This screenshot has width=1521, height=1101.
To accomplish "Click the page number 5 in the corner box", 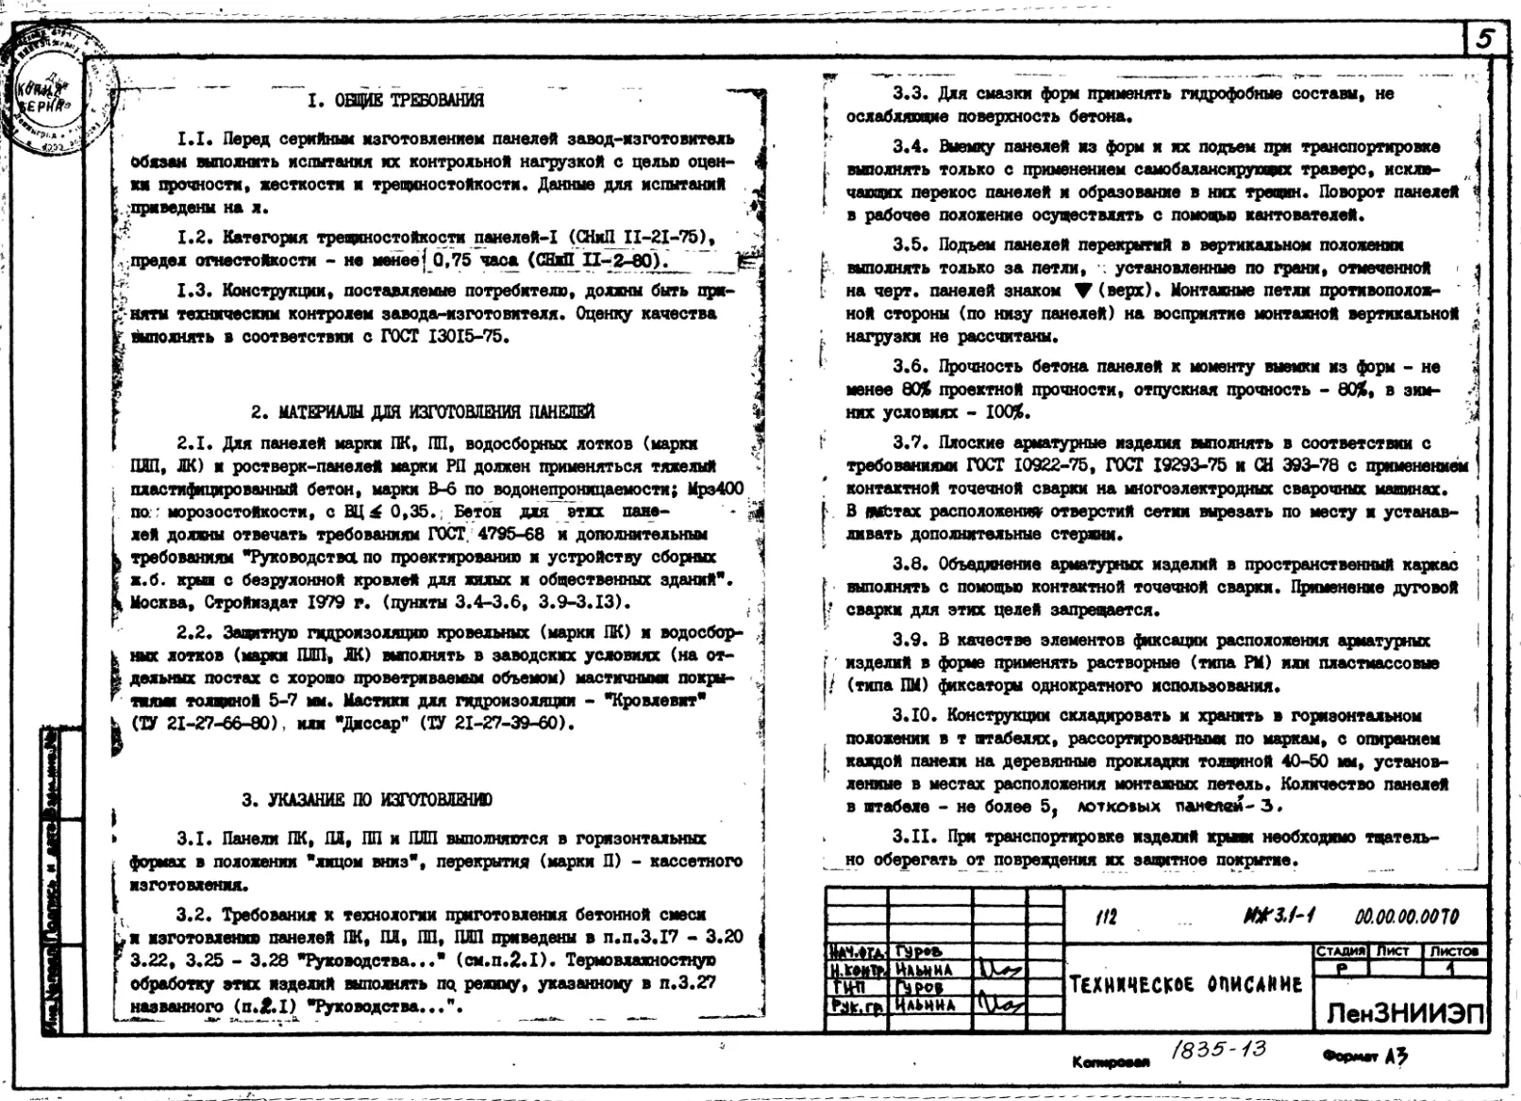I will click(x=1485, y=39).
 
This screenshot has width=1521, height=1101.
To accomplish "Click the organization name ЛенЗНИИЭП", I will click(x=1405, y=1014).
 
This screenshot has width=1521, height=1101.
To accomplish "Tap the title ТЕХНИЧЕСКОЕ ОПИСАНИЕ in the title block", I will click(x=1185, y=985).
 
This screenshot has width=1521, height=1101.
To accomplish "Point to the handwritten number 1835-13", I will click(x=1218, y=1050).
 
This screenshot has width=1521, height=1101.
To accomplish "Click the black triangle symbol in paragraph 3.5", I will click(x=1082, y=291).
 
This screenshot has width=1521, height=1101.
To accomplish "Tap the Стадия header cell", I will click(x=1341, y=952).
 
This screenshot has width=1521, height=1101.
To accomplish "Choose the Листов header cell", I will click(x=1453, y=952).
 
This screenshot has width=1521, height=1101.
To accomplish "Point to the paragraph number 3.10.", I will click(x=914, y=716).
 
